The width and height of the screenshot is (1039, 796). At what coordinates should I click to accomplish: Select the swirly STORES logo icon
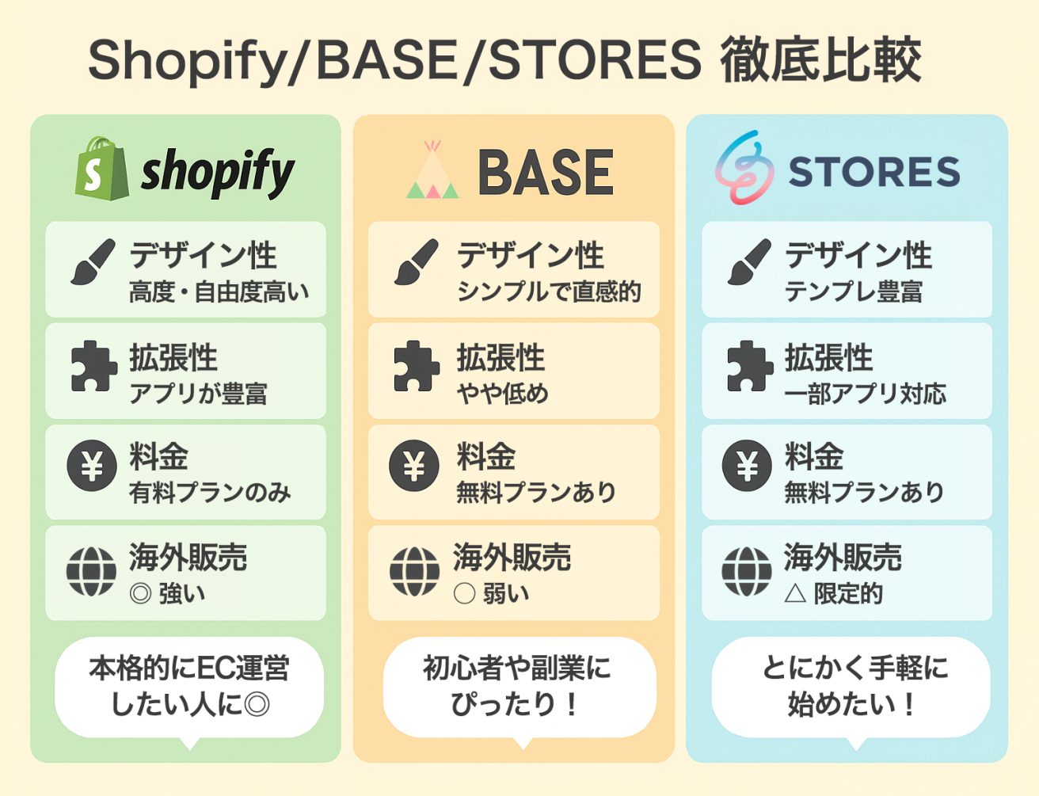pos(744,167)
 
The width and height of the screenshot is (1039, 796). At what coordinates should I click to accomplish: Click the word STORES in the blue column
pos(874,171)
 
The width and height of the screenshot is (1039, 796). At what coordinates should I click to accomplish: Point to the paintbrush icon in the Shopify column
pos(93,261)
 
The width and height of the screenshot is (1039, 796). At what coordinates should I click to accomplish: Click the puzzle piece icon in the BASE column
pos(416,366)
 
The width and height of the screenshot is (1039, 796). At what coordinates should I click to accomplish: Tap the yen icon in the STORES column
pos(746,466)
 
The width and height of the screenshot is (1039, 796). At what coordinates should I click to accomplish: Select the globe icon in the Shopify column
pos(91,572)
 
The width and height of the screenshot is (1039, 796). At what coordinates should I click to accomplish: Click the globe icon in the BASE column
pos(414,572)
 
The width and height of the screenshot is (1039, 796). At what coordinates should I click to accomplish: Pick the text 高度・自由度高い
pos(219,291)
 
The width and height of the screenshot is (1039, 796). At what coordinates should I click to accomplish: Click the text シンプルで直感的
pos(549,291)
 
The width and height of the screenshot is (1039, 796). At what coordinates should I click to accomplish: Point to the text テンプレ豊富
pos(854,291)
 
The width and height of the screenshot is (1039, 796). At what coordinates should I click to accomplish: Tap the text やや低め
pos(503,394)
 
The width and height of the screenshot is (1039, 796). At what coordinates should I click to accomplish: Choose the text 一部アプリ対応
pos(866,394)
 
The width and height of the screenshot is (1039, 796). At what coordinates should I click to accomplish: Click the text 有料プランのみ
pos(210,493)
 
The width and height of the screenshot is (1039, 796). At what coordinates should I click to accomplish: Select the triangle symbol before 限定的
pos(796,594)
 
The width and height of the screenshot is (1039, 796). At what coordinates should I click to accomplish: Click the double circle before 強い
pos(141,594)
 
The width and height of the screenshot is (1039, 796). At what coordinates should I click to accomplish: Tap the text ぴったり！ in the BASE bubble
pos(516,704)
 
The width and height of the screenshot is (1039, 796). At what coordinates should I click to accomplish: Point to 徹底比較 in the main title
pos(820,60)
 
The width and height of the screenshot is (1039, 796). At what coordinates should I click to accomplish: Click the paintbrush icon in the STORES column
pos(749,261)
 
